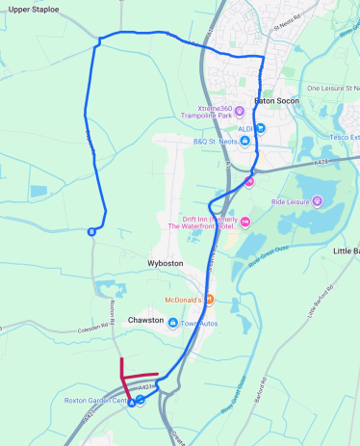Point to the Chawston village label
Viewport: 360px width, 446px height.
click(146, 320)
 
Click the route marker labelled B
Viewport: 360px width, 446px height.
click(92, 231)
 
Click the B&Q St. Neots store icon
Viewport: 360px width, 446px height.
click(244, 142)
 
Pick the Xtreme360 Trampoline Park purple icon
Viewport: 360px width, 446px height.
click(240, 112)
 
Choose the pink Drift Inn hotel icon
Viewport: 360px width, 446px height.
click(244, 223)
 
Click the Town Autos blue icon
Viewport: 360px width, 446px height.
click(173, 323)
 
